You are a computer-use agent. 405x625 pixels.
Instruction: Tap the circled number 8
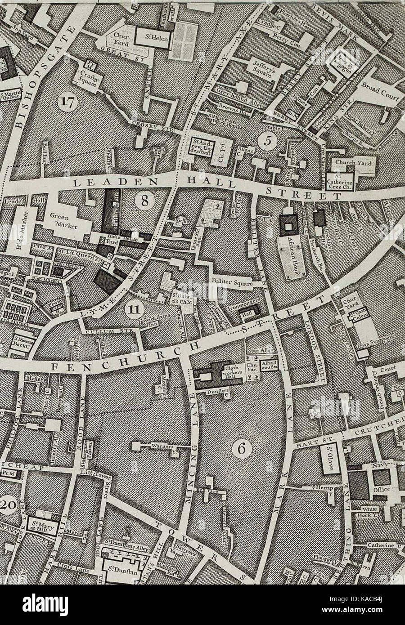pyautogui.click(x=144, y=201)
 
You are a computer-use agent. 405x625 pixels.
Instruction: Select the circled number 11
pyautogui.click(x=132, y=309)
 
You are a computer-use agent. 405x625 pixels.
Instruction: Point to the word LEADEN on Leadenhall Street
pyautogui.click(x=97, y=183)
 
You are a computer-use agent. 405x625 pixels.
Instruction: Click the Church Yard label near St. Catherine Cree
pyautogui.click(x=352, y=163)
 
